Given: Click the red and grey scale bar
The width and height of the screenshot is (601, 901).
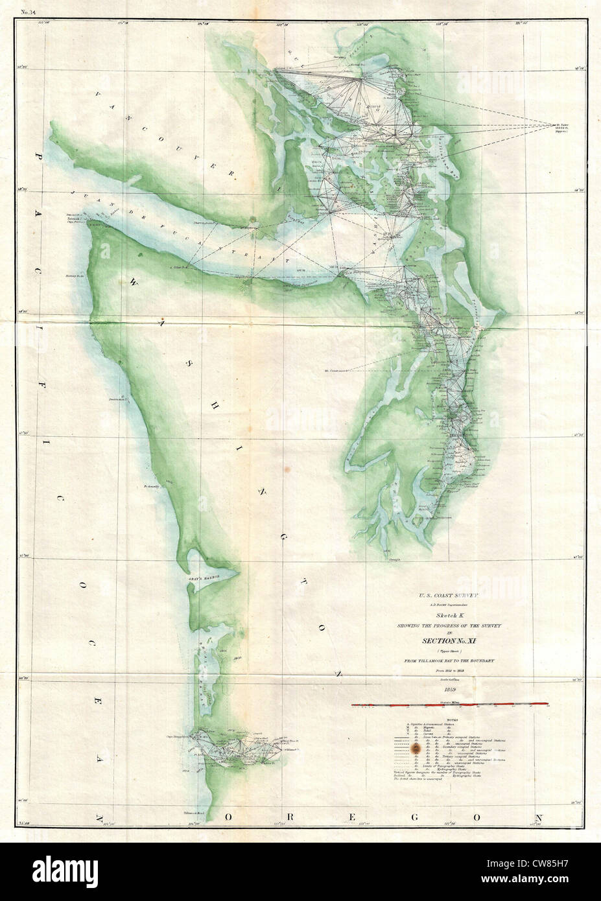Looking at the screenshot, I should (450, 703).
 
